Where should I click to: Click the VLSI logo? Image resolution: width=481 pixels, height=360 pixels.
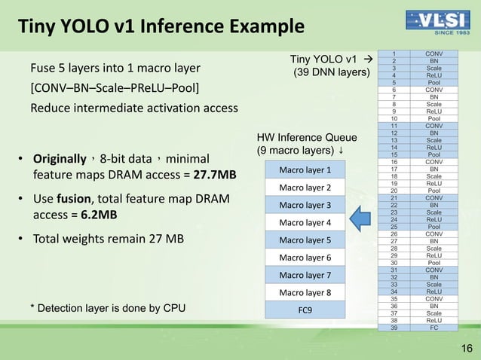tap(436, 23)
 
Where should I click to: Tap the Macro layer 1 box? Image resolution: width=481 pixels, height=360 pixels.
tap(305, 169)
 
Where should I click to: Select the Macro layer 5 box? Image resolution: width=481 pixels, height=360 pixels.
tap(305, 240)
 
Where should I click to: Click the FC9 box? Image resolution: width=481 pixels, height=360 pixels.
tap(305, 310)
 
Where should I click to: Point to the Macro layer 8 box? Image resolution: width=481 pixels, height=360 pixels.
tap(305, 292)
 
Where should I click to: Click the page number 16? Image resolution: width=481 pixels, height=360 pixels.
tap(466, 348)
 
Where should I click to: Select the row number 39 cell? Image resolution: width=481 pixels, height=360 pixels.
tap(394, 328)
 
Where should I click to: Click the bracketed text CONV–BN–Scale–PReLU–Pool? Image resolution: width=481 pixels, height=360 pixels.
tap(115, 89)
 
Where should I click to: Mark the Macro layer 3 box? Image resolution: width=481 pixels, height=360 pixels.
tap(305, 205)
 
